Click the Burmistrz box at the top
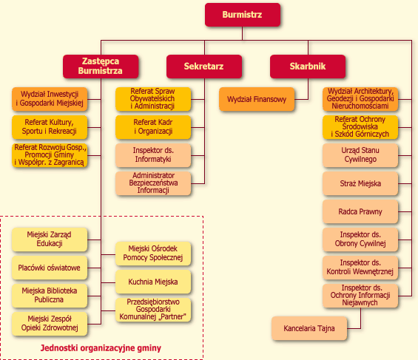[x=243, y=15]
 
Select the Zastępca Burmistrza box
[x=101, y=67]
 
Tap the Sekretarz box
[x=204, y=67]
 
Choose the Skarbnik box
[x=308, y=67]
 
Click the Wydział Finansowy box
[x=257, y=99]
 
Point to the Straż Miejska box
[x=360, y=183]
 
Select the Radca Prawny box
[x=360, y=211]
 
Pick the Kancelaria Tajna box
[x=309, y=328]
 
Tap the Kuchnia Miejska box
[x=153, y=282]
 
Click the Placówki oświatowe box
[x=50, y=268]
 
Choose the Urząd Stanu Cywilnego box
[x=360, y=155]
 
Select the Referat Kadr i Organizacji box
[x=153, y=127]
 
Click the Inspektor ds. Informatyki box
[x=153, y=155]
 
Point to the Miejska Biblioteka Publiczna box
[x=50, y=296]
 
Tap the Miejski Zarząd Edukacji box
[x=50, y=240]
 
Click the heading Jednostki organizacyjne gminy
[x=101, y=348]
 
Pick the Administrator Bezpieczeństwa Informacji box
[x=153, y=183]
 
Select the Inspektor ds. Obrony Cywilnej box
[x=360, y=240]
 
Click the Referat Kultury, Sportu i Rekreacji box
[x=50, y=127]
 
